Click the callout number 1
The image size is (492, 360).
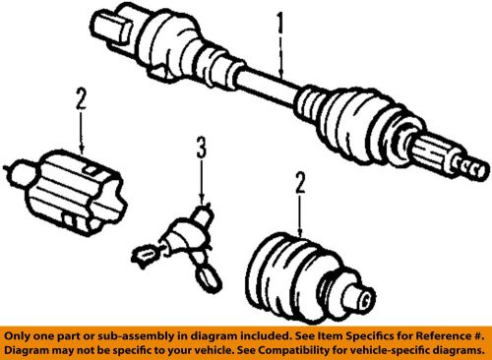pos(283,19)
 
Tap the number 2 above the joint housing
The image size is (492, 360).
pos(78,98)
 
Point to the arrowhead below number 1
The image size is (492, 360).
pos(283,75)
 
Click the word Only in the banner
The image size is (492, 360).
pos(24,333)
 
